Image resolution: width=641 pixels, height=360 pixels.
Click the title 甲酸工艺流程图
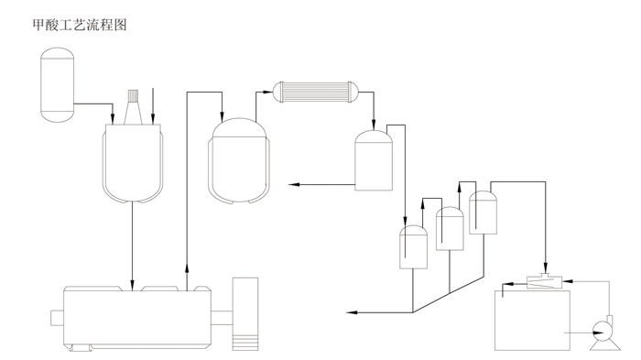pos(80,25)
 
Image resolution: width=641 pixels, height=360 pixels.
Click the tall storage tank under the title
pos(57,84)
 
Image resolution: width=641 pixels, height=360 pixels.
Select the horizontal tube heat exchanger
pos(315,92)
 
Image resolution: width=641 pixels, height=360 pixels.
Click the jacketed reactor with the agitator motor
pos(133,163)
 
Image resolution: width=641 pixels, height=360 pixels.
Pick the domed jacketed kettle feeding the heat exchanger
pos(239,161)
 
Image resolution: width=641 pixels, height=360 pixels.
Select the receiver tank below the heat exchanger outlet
pos(374,160)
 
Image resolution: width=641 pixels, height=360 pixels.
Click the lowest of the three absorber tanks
pos(413,247)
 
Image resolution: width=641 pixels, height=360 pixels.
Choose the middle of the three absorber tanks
pos(450,229)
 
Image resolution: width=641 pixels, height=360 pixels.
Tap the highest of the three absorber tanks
pos(483,213)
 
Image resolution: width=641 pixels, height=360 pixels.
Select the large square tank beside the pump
pos(532,321)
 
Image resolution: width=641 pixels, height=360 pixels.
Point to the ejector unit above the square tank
pos(545,281)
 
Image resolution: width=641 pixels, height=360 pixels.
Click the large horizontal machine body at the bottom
pos(137,318)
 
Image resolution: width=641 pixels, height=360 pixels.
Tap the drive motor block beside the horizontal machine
pos(245,314)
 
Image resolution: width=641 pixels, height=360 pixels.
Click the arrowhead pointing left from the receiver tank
pos(294,185)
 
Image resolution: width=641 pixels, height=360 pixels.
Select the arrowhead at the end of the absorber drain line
pos(352,312)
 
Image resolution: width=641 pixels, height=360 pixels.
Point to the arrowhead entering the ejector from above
pos(546,267)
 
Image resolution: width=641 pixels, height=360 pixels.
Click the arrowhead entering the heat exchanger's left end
pos(267,92)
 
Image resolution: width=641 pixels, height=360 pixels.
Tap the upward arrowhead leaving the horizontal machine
pos(187,268)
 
